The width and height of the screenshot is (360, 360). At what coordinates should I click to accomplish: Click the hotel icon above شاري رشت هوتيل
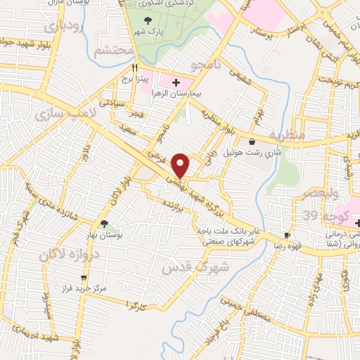tap(252, 142)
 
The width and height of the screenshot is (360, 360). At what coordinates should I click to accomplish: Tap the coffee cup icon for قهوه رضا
tap(288, 236)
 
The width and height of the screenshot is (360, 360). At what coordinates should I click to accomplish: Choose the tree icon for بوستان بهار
tap(104, 224)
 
